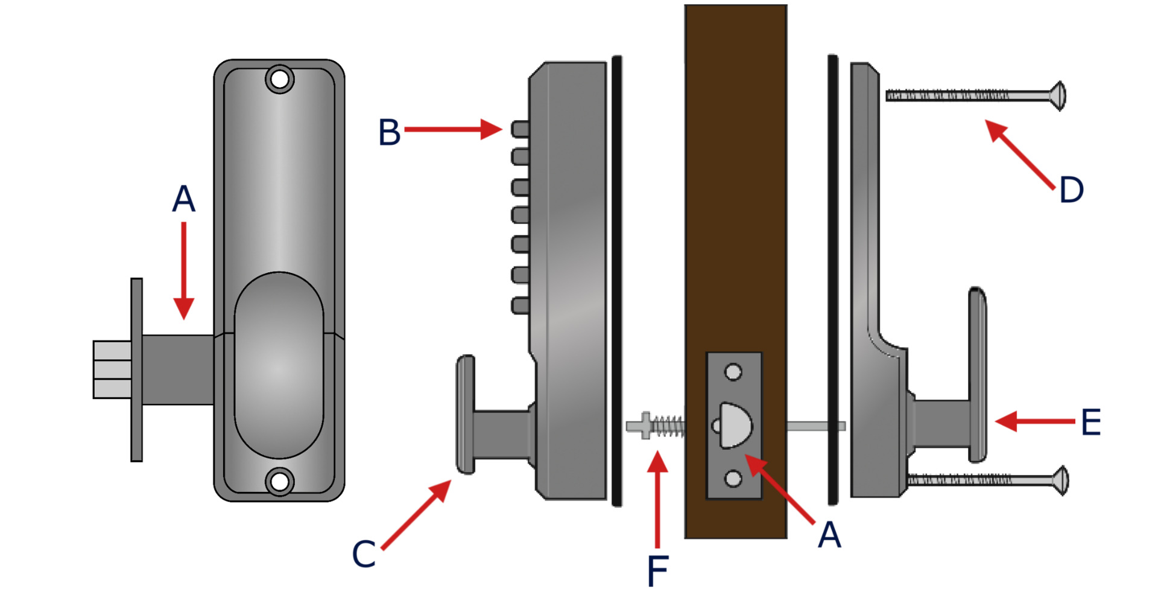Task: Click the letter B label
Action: pos(389,132)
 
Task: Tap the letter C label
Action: pos(364,554)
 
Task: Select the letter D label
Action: pos(1071,190)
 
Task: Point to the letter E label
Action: pos(1091,422)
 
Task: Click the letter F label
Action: pos(657,570)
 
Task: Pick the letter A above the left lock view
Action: pos(183,199)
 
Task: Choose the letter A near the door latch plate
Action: pos(829,534)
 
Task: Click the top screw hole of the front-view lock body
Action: pos(279,79)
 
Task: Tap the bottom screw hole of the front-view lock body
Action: pos(279,482)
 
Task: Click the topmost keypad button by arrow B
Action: pos(520,129)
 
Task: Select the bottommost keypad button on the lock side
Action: pos(520,305)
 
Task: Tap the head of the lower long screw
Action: pos(1060,481)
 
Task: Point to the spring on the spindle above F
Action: pos(668,426)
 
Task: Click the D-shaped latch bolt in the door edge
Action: pos(735,426)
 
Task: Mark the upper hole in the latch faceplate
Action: pos(733,372)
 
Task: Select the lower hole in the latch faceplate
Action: pos(733,479)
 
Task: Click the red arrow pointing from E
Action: pos(1035,421)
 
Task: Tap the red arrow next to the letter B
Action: pos(453,129)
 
